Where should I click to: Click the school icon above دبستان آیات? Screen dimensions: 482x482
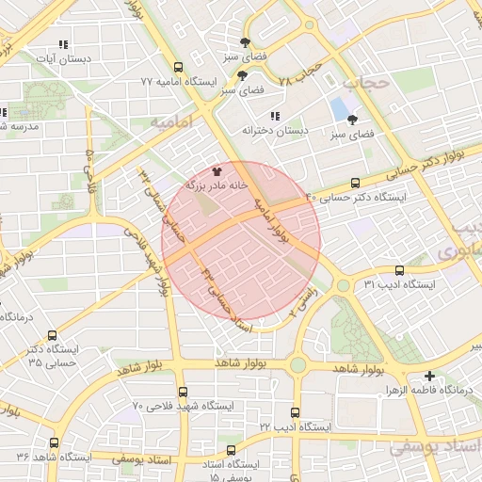coord(63,43)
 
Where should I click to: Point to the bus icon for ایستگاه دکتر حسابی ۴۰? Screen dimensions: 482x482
coord(355,183)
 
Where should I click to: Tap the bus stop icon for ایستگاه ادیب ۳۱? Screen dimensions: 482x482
coord(400,269)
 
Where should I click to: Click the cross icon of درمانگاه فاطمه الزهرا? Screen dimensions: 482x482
coord(430,376)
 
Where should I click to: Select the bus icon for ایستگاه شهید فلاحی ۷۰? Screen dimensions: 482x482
coord(183,392)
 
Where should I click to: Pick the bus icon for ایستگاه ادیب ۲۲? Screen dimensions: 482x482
coord(296,412)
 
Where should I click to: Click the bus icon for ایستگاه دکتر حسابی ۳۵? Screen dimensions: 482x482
coord(51,335)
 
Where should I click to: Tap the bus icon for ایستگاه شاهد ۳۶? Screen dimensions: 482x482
coord(53,442)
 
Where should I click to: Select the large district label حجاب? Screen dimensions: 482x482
coord(365,83)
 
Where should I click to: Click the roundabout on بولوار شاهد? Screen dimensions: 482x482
coord(299,364)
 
